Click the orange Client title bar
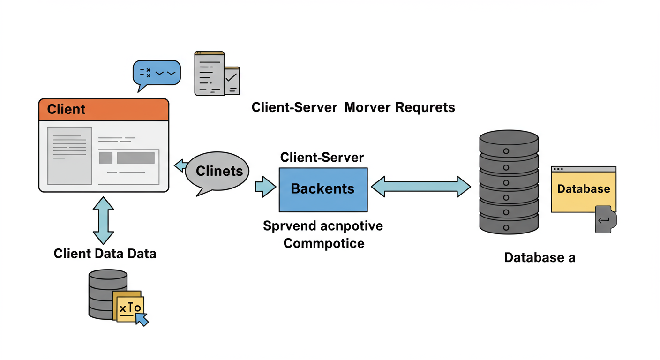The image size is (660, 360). tap(104, 110)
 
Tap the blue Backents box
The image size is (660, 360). tap(323, 189)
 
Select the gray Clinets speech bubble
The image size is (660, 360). tap(217, 172)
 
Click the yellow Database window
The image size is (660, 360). tap(583, 190)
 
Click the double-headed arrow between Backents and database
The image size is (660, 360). tap(420, 187)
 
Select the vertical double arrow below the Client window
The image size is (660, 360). tap(104, 220)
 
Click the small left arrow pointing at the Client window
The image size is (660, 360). tap(180, 165)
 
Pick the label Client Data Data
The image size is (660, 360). tap(105, 254)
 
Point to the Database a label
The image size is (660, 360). tap(540, 257)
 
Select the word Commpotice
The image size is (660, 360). tap(323, 244)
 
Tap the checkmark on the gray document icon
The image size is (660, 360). tap(231, 78)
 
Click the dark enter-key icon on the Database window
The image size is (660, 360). tap(605, 220)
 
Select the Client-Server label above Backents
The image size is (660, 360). tap(322, 157)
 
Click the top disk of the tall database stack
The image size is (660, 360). tap(509, 139)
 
